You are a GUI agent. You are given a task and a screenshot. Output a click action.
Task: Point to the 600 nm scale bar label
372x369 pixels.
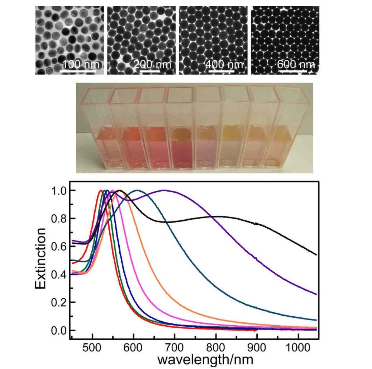coord(296,65)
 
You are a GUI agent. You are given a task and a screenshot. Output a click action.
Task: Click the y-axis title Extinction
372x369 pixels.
coord(41,258)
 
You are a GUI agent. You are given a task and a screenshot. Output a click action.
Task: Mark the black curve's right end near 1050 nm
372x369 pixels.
coord(316,254)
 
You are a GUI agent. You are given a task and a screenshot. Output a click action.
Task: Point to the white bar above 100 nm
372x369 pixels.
coord(77,71)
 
